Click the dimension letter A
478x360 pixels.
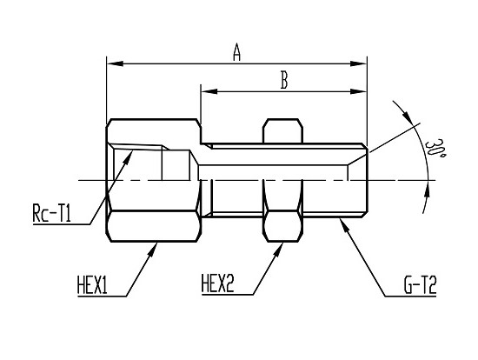237,52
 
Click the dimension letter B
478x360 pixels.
284,80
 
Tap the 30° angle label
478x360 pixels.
435,148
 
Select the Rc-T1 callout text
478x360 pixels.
51,213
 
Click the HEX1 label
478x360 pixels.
92,284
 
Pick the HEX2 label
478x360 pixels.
217,283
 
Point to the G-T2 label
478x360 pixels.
420,284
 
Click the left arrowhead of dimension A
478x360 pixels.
115,63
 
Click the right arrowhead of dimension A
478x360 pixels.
358,63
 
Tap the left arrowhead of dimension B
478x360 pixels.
209,91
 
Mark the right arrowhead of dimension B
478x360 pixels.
358,91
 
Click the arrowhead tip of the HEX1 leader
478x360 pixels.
157,243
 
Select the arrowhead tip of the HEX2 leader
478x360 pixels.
283,243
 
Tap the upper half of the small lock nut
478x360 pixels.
283,131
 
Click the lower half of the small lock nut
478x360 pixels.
283,226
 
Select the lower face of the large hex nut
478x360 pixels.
154,226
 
